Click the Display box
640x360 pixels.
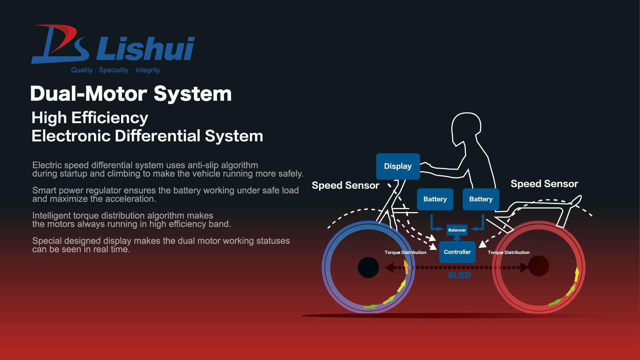(398, 166)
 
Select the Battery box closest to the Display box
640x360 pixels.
(435, 199)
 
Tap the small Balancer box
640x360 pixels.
(457, 230)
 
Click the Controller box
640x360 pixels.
(457, 252)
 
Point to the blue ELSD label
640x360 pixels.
(459, 275)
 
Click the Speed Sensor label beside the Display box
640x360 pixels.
(345, 185)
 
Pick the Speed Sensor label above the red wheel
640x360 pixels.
(544, 184)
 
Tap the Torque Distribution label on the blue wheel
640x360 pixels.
(405, 252)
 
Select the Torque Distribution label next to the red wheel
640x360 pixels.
(508, 252)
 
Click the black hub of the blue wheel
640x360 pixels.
(368, 267)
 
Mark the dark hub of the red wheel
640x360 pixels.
(538, 266)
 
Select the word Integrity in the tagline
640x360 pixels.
(148, 70)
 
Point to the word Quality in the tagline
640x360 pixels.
(82, 70)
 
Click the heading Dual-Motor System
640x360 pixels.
(131, 94)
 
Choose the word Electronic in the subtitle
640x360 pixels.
(71, 136)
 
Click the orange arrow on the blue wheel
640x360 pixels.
(406, 267)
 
